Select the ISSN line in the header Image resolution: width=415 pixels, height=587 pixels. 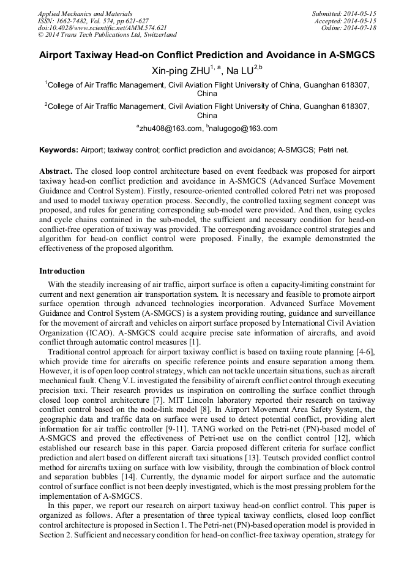coord(89,20)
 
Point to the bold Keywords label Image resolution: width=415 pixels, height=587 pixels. coord(59,150)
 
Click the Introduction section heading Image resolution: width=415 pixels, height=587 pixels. coord(62,271)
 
